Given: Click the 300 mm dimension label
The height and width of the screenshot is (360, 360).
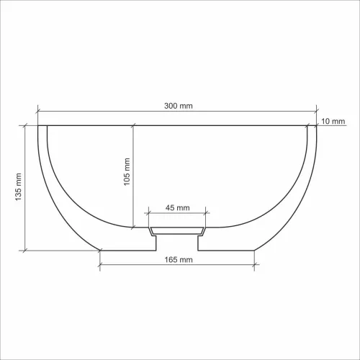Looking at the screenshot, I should [177, 106].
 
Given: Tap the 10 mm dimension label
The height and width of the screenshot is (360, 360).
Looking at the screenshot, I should [334, 120].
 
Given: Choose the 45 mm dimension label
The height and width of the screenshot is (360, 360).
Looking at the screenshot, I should [177, 207].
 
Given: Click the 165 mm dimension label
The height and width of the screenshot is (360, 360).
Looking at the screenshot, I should [177, 258].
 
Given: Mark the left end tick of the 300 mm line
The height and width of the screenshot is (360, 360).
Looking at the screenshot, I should [37, 111].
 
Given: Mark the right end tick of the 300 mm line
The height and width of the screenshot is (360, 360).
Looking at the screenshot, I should [317, 111].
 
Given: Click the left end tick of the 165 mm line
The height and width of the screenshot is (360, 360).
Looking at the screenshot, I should [100, 264].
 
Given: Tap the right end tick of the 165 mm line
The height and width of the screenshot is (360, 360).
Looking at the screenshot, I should [254, 264].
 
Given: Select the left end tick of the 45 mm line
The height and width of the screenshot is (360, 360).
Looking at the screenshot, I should [148, 212].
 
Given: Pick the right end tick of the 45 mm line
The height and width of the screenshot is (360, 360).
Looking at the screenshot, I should [206, 212].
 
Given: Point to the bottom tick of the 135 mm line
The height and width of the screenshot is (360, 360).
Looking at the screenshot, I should [26, 250].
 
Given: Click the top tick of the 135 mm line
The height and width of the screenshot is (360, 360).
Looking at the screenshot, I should [26, 125].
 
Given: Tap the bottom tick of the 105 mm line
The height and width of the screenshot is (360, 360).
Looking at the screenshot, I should [133, 228].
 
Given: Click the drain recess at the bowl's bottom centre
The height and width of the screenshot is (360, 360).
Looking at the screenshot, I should [177, 232].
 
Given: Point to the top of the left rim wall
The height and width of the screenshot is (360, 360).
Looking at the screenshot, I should [42, 127].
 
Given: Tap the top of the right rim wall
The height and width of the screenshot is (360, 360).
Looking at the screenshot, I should [312, 127].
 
